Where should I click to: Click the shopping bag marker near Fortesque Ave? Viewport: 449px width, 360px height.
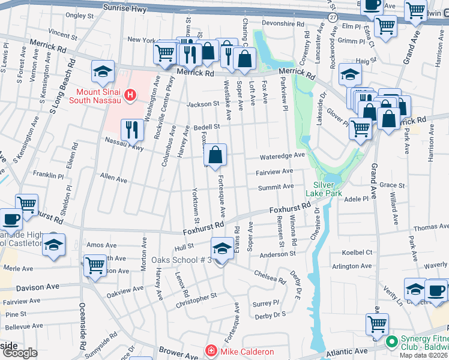click(215, 155)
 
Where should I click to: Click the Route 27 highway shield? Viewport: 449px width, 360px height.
click(333, 17)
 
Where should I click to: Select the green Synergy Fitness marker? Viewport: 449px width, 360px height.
click(393, 341)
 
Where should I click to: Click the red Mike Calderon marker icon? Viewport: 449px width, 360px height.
click(211, 351)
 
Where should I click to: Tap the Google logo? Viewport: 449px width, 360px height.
click(19, 353)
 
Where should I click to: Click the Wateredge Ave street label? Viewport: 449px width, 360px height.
click(282, 157)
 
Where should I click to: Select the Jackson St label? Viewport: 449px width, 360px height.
click(200, 104)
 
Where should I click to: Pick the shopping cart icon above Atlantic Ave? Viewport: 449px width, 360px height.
click(377, 325)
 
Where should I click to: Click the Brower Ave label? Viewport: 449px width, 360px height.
click(162, 350)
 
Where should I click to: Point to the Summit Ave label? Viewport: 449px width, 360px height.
click(276, 187)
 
